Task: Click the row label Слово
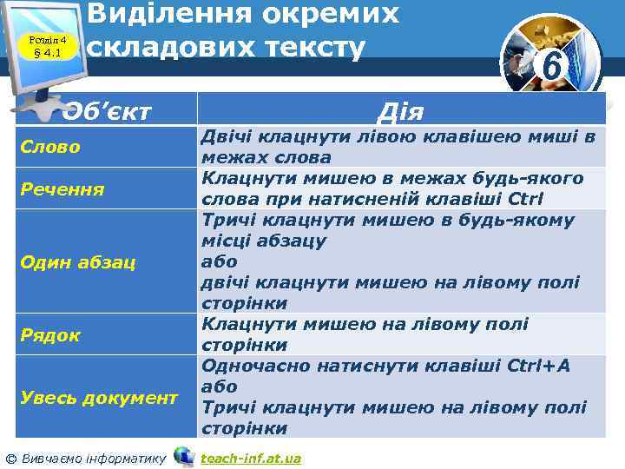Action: pos(50,147)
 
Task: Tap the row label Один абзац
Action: pos(77,261)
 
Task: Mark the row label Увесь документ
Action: pos(98,397)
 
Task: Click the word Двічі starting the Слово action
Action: pos(227,136)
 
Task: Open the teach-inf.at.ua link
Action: pos(250,458)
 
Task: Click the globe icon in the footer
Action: pos(183,456)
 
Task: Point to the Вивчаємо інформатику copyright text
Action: pos(86,458)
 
